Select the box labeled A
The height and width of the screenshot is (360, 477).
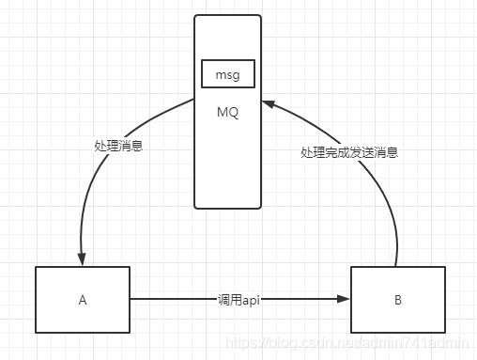[x=83, y=300]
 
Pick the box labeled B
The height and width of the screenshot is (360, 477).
[x=397, y=300]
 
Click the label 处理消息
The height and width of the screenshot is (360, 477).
[x=118, y=146]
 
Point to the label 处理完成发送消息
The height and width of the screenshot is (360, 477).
[x=348, y=151]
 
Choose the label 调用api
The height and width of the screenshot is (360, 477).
[x=238, y=300]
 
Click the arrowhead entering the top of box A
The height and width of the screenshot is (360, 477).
[x=83, y=260]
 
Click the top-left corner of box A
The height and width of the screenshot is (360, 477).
[x=36, y=267]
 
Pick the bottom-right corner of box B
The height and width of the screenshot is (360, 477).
[x=444, y=334]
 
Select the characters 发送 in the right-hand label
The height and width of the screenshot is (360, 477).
[x=364, y=151]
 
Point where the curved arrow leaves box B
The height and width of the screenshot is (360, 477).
[x=397, y=265]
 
